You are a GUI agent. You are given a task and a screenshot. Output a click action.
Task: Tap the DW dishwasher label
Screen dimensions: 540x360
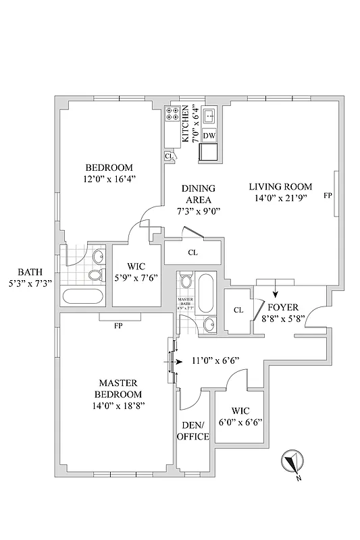[209, 136]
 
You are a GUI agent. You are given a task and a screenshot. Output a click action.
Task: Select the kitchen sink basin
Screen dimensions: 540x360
[209, 116]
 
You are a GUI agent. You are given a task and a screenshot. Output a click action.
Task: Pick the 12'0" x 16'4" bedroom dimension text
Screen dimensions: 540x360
[109, 180]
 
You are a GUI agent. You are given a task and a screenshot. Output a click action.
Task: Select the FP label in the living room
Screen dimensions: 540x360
[328, 196]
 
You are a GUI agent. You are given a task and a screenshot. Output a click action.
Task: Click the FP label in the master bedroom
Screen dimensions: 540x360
[118, 325]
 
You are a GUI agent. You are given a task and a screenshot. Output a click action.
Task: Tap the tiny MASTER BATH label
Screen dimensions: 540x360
[186, 303]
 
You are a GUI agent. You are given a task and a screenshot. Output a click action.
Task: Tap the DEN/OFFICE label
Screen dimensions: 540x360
[193, 431]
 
